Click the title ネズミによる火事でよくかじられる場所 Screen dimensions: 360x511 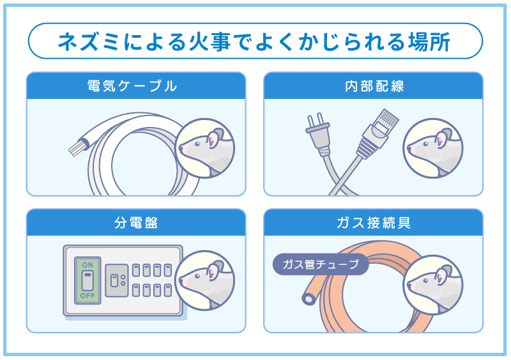pos(255,42)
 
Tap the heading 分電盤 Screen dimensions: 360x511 pos(135,223)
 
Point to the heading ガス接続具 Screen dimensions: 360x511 pos(374,223)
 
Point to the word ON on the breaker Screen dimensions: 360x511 pos(88,264)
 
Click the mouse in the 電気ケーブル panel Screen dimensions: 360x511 pos(204,148)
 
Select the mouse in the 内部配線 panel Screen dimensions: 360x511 pos(432,148)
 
